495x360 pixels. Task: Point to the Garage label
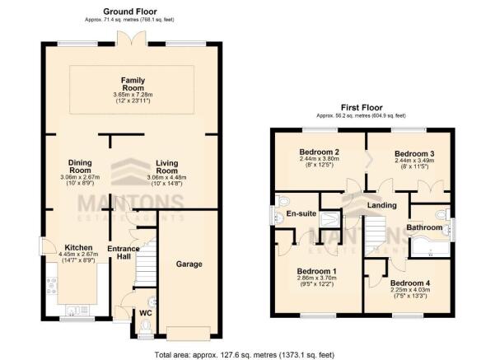[x=189, y=264]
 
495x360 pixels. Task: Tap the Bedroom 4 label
[x=411, y=283]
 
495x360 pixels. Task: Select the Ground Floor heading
[x=131, y=10]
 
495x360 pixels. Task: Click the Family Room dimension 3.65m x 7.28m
[x=132, y=95]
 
